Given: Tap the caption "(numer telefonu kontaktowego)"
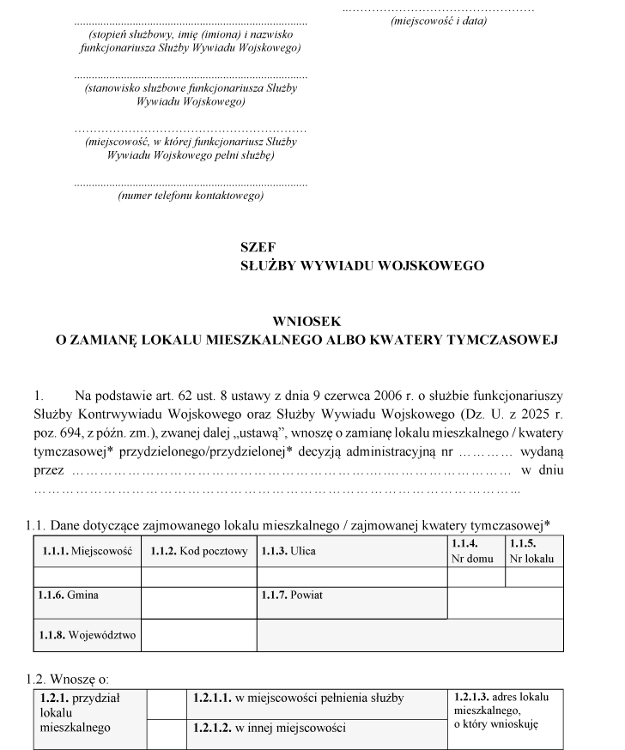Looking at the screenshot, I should click(191, 196).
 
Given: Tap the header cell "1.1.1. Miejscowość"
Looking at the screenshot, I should click(85, 551).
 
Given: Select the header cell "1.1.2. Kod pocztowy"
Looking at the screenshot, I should click(198, 551).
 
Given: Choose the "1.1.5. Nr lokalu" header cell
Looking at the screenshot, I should click(534, 551).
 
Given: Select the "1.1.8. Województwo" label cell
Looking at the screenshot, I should click(85, 636).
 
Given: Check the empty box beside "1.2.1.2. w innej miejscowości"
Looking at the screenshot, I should click(167, 732).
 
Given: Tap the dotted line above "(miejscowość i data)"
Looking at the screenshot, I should click(438, 8).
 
